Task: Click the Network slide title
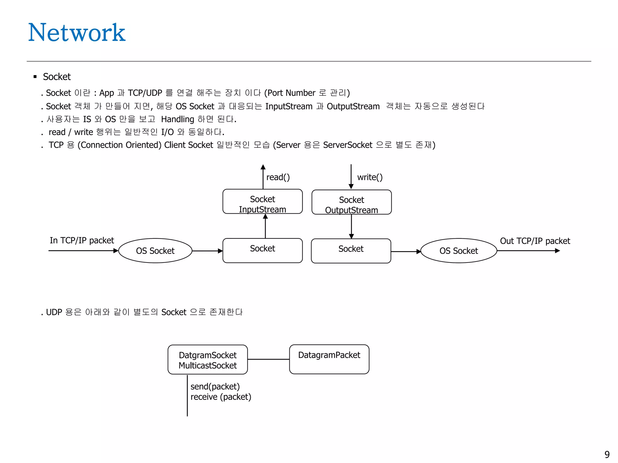pyautogui.click(x=77, y=33)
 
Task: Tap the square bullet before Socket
pyautogui.click(x=35, y=77)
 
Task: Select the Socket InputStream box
pyautogui.click(x=262, y=201)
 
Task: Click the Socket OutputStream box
pyautogui.click(x=351, y=202)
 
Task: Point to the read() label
pyautogui.click(x=278, y=177)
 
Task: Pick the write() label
pyautogui.click(x=370, y=177)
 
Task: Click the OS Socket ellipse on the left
pyautogui.click(x=155, y=251)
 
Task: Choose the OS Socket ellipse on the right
pyautogui.click(x=458, y=251)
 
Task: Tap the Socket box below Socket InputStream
pyautogui.click(x=262, y=250)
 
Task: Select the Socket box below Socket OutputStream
pyautogui.click(x=351, y=251)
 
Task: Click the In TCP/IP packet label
pyautogui.click(x=82, y=241)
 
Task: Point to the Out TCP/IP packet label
pyautogui.click(x=535, y=241)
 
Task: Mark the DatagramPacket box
pyautogui.click(x=329, y=359)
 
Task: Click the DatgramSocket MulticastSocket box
pyautogui.click(x=208, y=360)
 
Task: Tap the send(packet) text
pyautogui.click(x=215, y=386)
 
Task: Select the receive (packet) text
pyautogui.click(x=221, y=397)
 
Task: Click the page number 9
pyautogui.click(x=607, y=454)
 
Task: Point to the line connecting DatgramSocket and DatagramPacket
pyautogui.click(x=268, y=359)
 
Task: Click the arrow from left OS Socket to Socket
pyautogui.click(x=207, y=251)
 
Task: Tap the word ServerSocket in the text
pyautogui.click(x=347, y=145)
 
